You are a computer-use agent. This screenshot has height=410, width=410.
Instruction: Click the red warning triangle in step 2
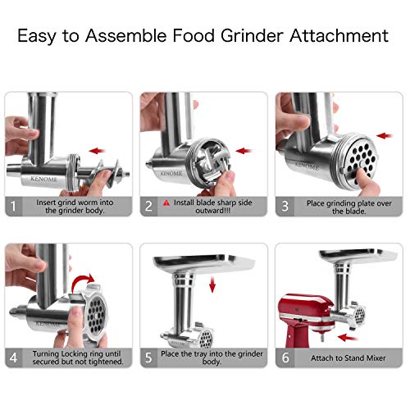coord(166,201)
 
